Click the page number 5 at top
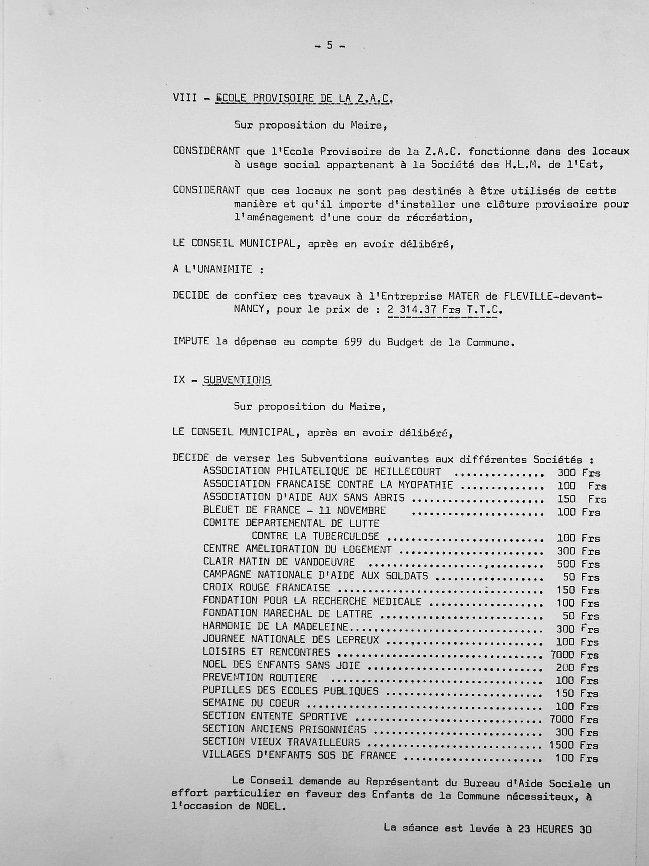tap(329, 46)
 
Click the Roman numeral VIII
tap(185, 98)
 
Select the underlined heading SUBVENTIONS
tap(237, 380)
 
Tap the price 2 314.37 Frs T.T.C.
tap(445, 310)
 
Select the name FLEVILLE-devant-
tap(546, 296)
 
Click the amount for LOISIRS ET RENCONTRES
tap(574, 655)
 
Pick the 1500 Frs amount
tap(573, 745)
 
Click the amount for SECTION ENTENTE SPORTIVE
tap(574, 719)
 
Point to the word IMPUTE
tap(191, 341)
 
